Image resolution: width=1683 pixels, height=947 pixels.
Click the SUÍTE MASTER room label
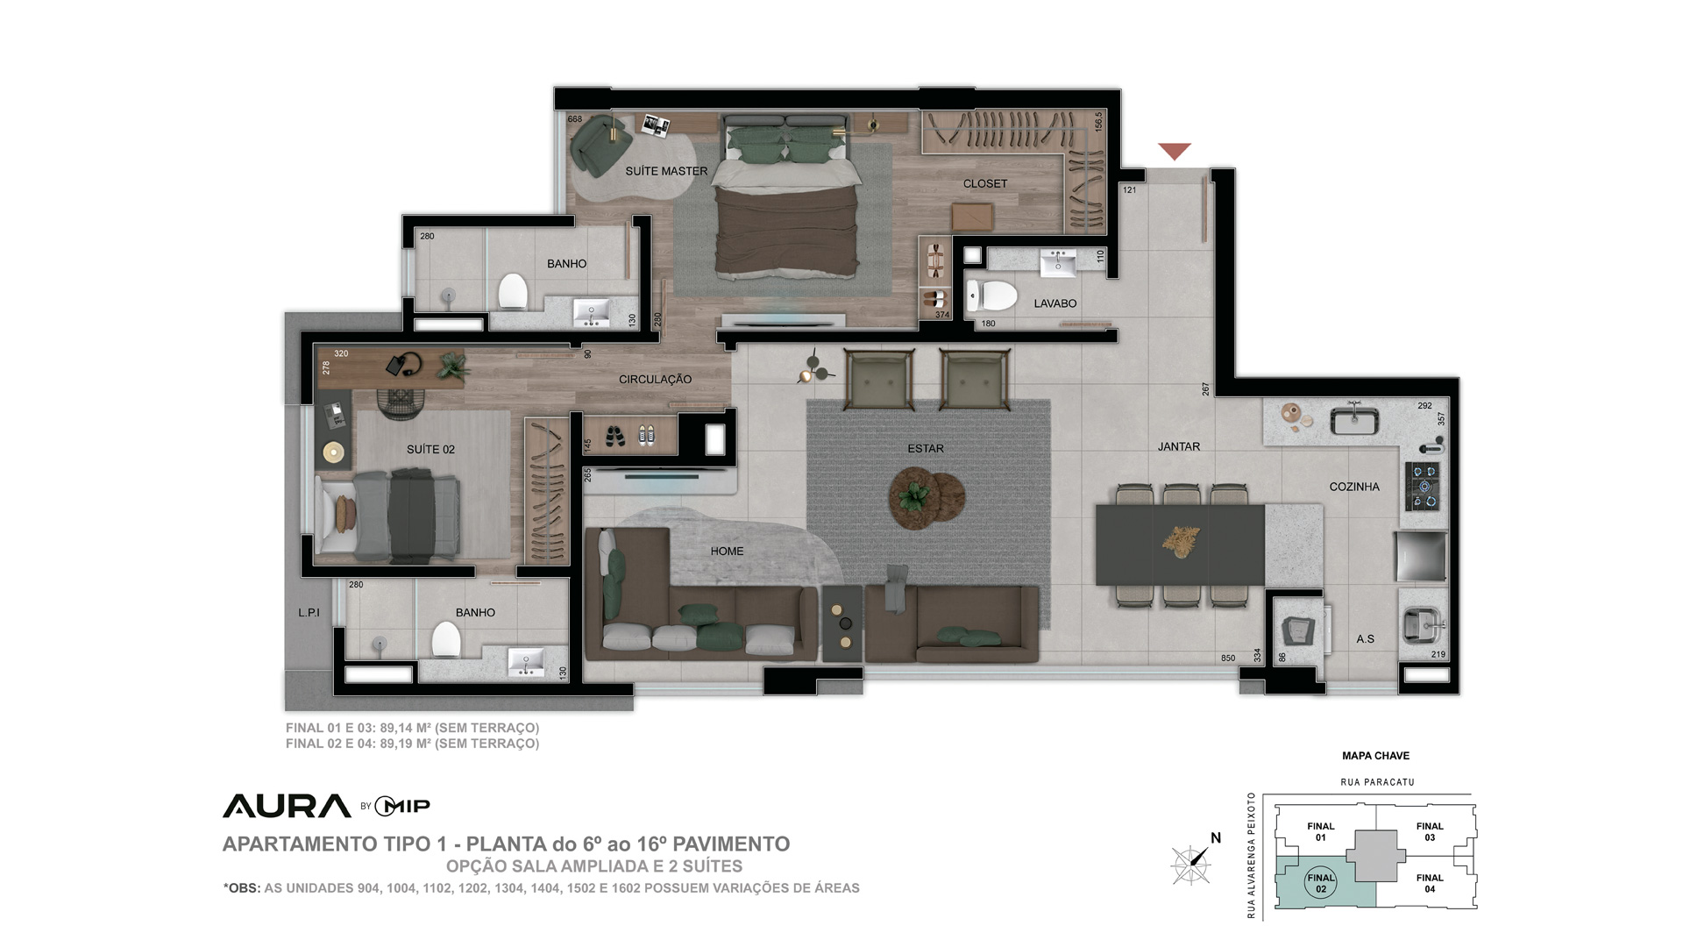tap(666, 171)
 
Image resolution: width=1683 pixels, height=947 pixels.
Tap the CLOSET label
tap(985, 183)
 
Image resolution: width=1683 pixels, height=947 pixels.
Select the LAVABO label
tap(1055, 303)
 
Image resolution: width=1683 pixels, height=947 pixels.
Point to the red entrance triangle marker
tap(1175, 152)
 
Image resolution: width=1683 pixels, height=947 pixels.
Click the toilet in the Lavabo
tap(991, 296)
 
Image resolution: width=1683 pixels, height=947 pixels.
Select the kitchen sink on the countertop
tap(1354, 420)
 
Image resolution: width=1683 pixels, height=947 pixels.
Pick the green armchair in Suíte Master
tap(601, 143)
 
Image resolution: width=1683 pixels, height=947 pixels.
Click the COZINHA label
tap(1354, 487)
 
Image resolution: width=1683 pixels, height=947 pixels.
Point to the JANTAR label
tap(1179, 446)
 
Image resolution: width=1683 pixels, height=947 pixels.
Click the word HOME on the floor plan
tap(727, 552)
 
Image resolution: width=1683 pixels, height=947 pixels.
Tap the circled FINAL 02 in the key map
tap(1321, 883)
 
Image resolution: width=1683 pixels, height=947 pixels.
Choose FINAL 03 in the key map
tap(1430, 831)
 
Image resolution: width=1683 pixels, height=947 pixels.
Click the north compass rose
tap(1192, 864)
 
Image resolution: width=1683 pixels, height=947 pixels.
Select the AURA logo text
tap(287, 806)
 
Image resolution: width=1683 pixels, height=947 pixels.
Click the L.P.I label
tap(309, 613)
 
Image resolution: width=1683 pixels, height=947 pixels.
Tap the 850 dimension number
tap(1228, 659)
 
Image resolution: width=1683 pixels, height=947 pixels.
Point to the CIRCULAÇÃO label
tap(655, 380)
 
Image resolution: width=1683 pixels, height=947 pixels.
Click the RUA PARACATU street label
tap(1377, 782)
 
